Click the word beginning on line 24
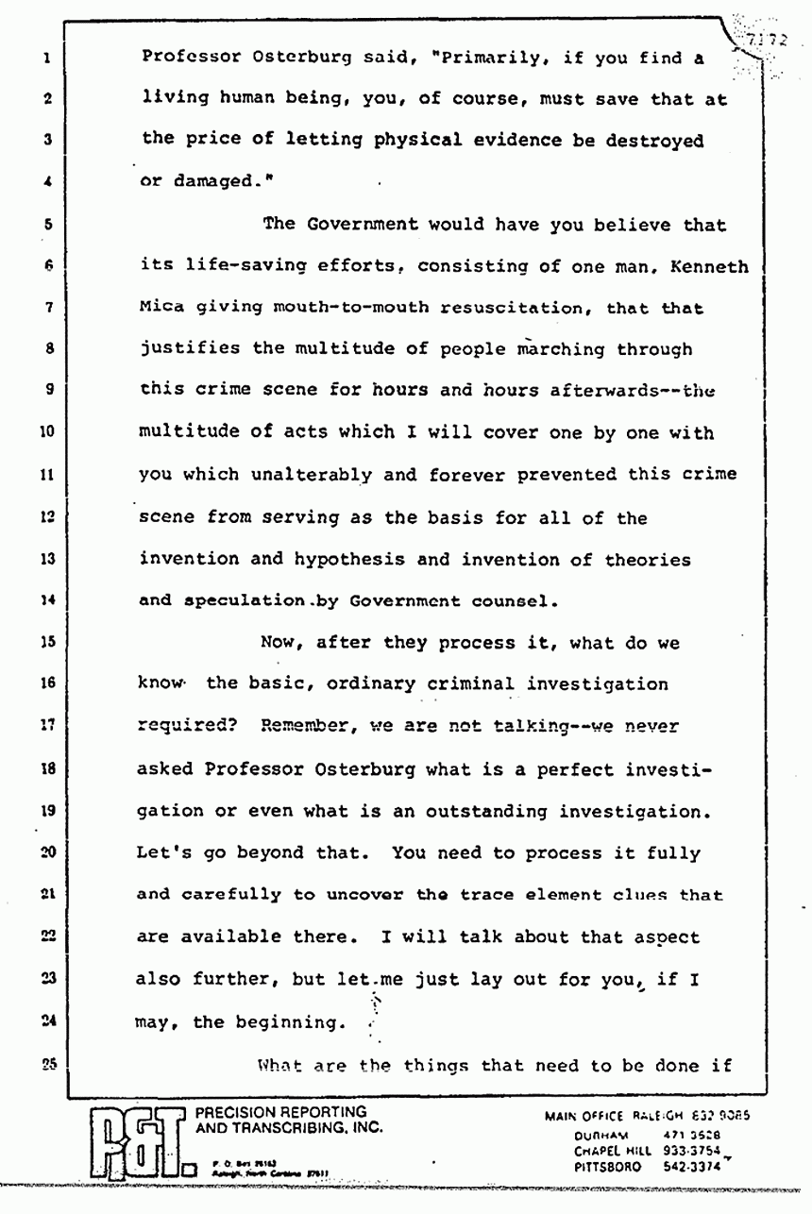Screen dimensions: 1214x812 282,1021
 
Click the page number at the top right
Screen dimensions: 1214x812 768,41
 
